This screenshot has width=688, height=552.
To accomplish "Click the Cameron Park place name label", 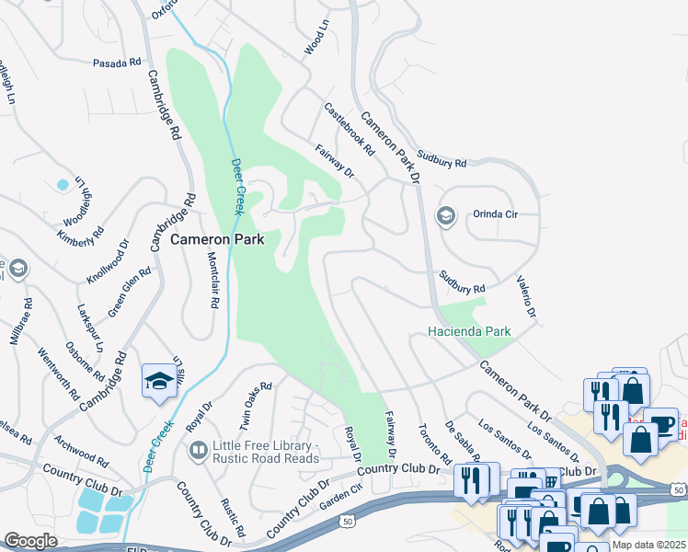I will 217,239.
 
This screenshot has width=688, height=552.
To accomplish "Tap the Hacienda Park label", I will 469,331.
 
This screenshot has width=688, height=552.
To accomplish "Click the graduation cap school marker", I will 158,381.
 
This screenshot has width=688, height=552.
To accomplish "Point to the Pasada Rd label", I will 117,63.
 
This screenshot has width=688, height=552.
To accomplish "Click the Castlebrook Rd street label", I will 350,129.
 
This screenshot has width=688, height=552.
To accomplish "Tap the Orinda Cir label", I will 496,214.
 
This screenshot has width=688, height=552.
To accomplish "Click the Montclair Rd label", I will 212,282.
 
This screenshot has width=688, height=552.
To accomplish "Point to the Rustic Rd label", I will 233,518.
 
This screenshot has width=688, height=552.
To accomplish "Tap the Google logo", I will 30,541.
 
